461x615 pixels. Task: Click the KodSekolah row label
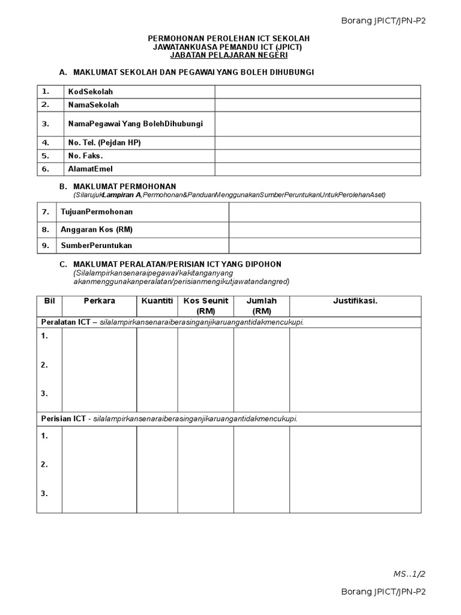(91, 92)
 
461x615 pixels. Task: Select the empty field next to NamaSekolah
(318, 105)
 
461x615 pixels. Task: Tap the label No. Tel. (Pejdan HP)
(104, 143)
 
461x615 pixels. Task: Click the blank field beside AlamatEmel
(318, 169)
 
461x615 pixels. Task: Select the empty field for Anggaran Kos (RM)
(325, 229)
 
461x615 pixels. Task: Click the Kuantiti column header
(157, 301)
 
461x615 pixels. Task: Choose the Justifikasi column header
(355, 301)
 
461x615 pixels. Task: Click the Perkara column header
(100, 301)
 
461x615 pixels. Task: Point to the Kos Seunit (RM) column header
(205, 306)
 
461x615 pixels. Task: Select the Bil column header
(49, 301)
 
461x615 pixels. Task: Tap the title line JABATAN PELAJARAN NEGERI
(229, 55)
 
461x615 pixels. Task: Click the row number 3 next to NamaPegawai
(45, 124)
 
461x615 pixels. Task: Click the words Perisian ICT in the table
(63, 419)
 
